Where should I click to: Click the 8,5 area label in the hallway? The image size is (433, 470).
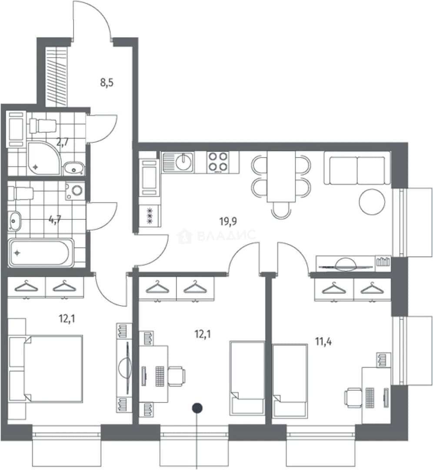tap(107, 82)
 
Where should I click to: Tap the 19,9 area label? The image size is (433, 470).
tap(228, 222)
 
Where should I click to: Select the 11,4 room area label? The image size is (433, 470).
tap(323, 342)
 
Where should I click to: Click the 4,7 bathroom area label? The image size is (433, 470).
tap(55, 220)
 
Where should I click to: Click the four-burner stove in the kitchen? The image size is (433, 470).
tap(218, 162)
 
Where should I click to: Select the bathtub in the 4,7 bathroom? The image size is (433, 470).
tap(41, 253)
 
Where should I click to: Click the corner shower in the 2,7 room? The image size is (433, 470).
tap(44, 158)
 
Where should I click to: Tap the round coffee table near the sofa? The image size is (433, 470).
tap(372, 201)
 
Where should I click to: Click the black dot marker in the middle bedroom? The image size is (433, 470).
tap(197, 408)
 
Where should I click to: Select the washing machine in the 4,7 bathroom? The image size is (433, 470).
tap(76, 191)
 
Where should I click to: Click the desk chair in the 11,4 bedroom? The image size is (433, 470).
tap(353, 398)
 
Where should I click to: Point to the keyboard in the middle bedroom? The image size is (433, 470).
tap(160, 376)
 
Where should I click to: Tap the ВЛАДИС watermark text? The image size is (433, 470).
tap(226, 235)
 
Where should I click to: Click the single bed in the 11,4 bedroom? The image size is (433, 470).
tap(290, 381)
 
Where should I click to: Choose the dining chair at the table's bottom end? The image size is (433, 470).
tap(281, 209)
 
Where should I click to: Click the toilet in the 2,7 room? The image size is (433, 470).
tap(43, 126)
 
